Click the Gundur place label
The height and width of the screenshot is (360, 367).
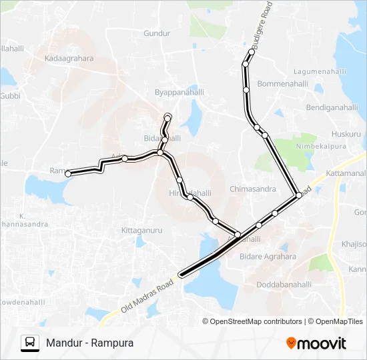coord(157,33)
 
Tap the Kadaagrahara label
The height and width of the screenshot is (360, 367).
coord(69,59)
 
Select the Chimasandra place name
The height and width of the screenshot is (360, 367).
coord(253,189)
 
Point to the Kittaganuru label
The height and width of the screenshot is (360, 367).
coord(142,229)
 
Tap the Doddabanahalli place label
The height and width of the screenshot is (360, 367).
coord(285,284)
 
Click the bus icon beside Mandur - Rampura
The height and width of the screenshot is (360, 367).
coord(29,343)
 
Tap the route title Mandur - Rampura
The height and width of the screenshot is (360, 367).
coord(90,343)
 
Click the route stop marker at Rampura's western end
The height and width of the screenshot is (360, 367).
coord(68,174)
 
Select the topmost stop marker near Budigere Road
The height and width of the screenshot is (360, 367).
coord(252,51)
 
